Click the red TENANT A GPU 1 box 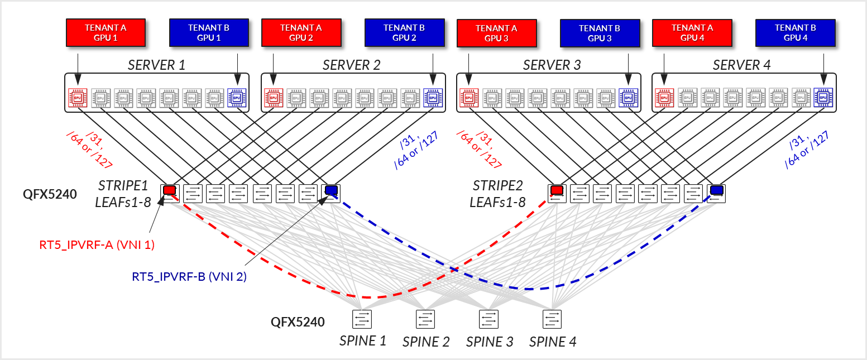105,32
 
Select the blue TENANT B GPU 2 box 404,32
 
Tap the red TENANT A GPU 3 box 496,33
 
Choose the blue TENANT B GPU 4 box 795,32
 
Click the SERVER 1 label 156,65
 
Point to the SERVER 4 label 741,65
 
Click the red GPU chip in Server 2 273,98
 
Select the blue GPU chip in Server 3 628,98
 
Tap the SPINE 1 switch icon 362,319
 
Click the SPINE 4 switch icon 552,319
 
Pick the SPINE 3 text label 490,342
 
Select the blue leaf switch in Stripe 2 716,193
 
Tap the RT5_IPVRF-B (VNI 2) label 189,276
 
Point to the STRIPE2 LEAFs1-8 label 498,194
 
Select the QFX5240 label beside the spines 298,321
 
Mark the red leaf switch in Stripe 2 557,193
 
